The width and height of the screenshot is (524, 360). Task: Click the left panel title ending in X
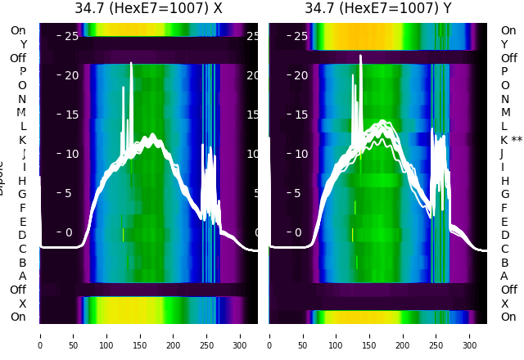click(148, 9)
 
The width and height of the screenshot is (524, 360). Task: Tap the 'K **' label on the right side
click(511, 140)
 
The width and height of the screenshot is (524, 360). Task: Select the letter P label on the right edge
click(505, 72)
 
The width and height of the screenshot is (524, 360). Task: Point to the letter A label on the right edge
click(505, 276)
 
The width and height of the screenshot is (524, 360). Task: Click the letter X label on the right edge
click(505, 304)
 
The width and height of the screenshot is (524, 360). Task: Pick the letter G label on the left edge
click(22, 194)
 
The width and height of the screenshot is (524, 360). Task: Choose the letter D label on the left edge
click(22, 235)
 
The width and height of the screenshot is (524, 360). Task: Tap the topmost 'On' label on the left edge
click(18, 31)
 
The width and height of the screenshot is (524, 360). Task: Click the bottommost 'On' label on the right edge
click(508, 317)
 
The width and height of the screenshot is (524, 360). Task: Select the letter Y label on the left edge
click(23, 44)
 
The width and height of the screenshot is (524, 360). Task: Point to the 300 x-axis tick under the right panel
click(470, 335)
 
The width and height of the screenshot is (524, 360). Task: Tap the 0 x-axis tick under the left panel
click(40, 335)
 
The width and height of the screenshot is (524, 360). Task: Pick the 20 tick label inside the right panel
click(300, 75)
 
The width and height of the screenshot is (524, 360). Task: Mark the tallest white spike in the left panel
click(130, 64)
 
